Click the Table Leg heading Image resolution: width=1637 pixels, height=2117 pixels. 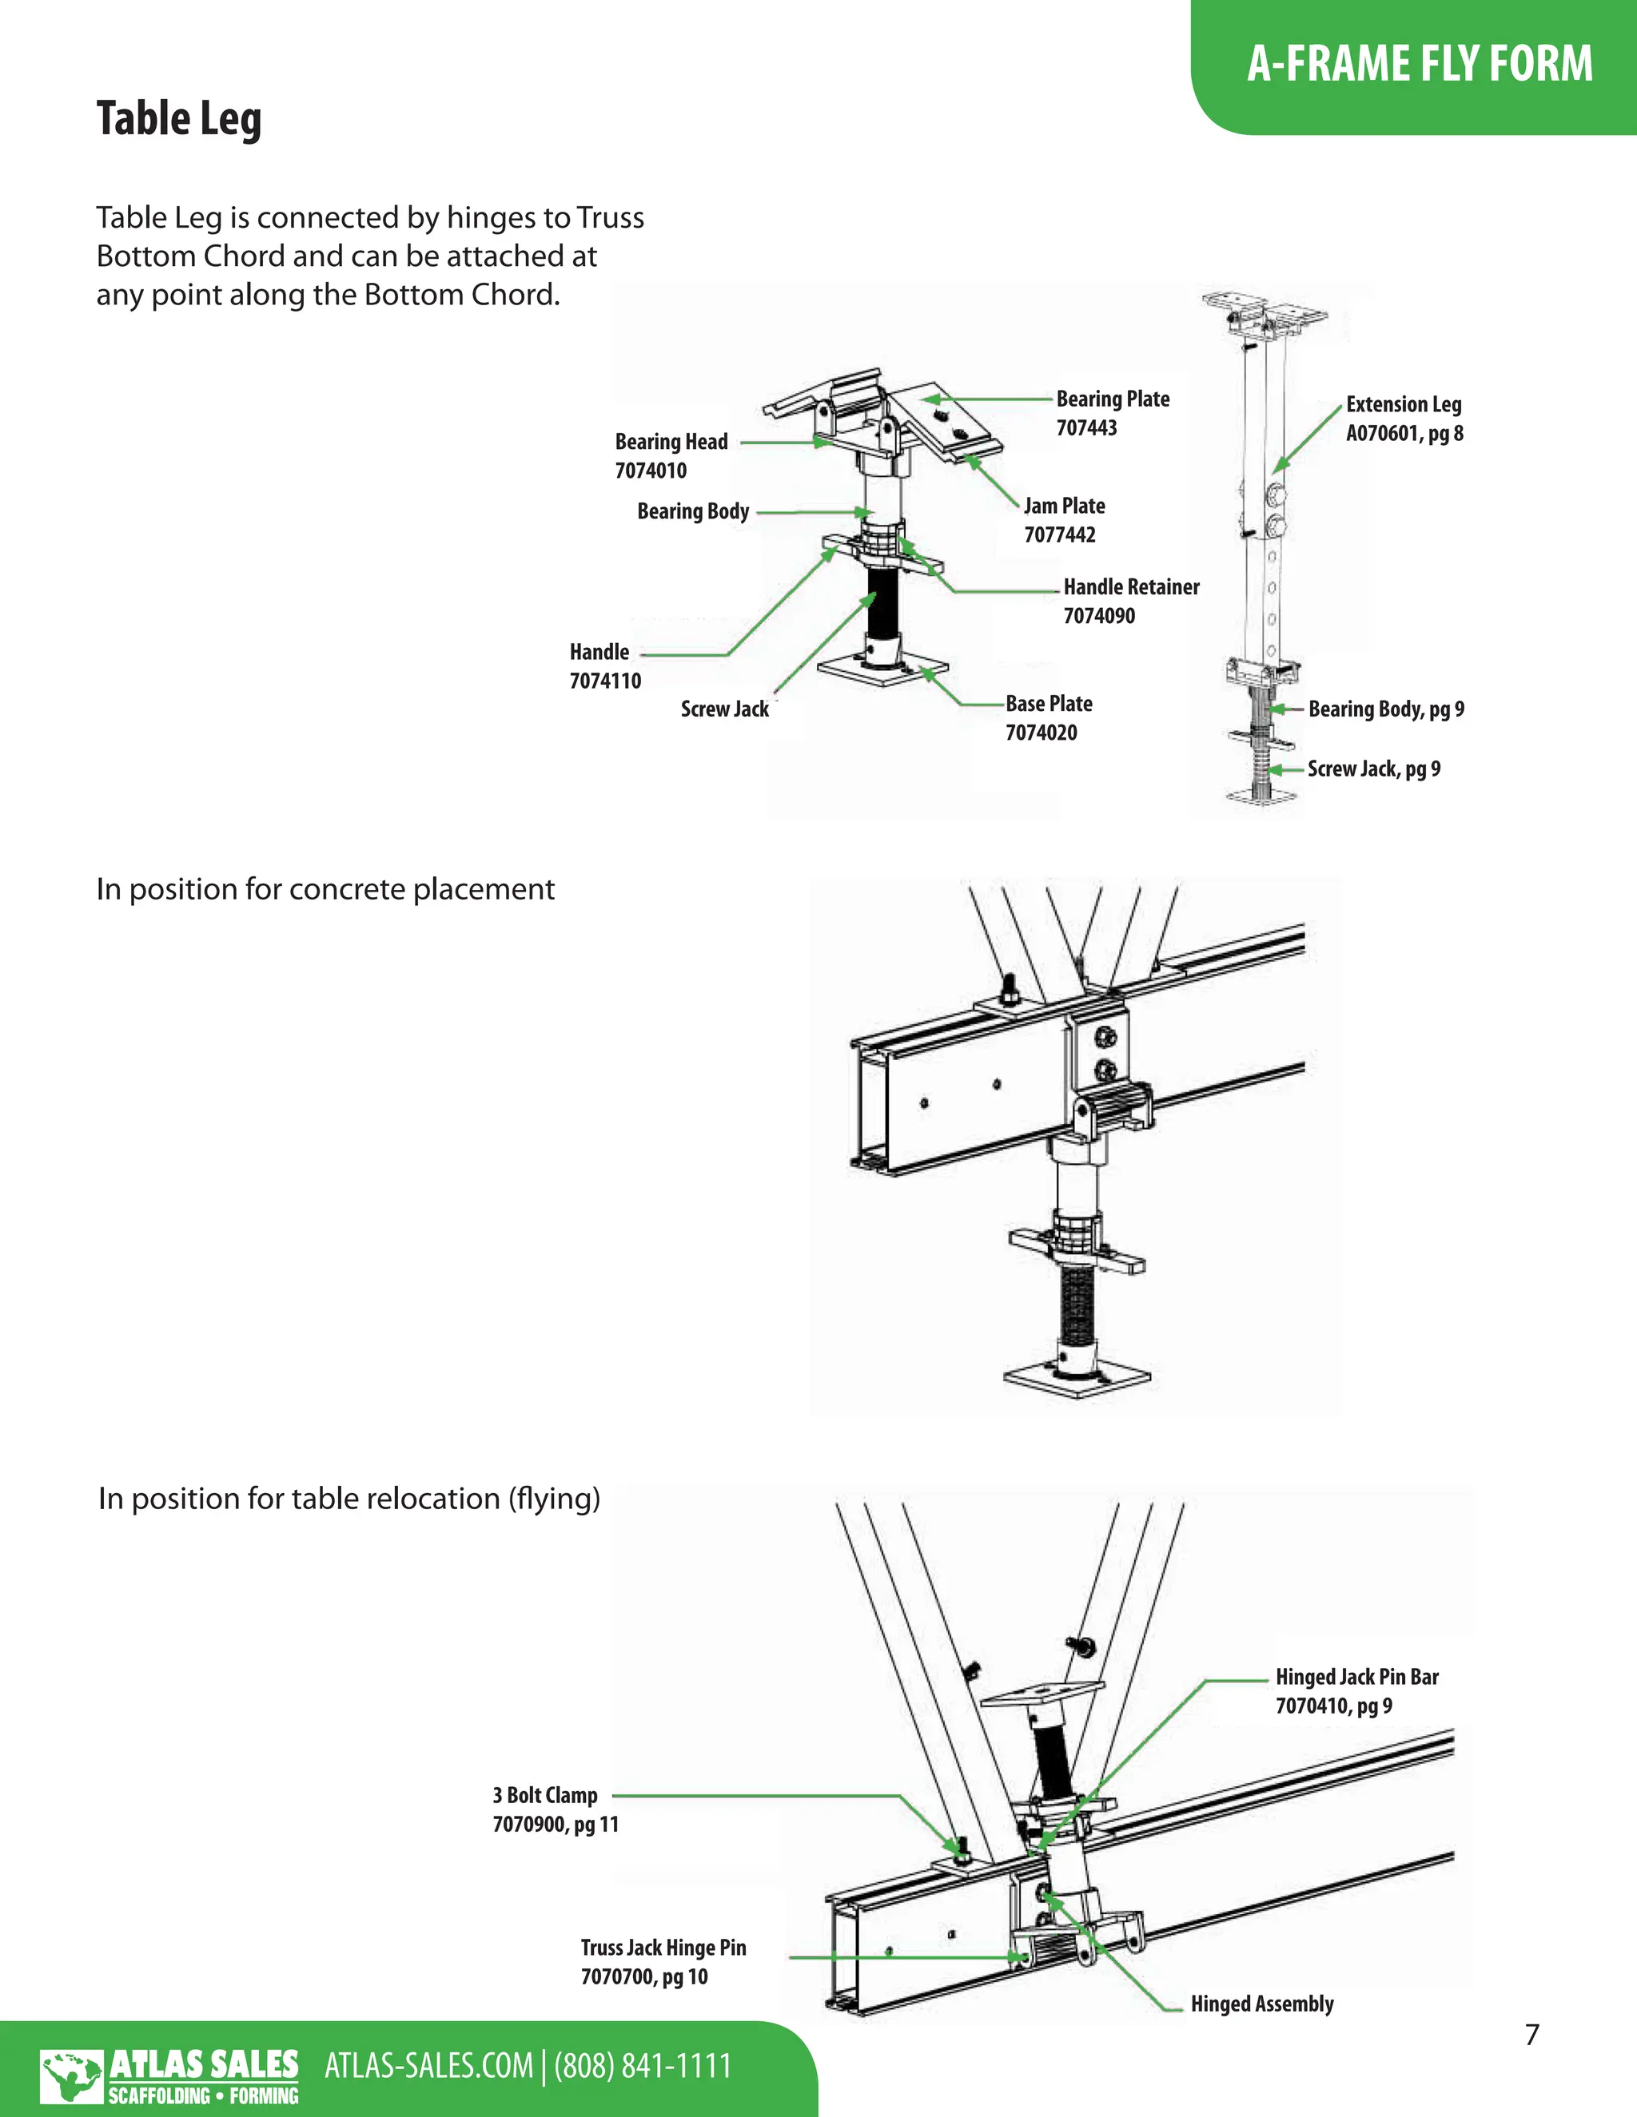tap(178, 119)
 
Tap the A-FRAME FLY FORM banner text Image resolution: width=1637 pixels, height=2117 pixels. tap(1419, 64)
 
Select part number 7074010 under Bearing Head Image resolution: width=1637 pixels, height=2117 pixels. tap(651, 471)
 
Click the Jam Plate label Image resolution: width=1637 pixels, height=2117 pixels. tap(1064, 506)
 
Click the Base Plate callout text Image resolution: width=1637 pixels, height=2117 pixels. tap(1049, 704)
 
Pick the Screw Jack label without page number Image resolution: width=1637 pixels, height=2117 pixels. tap(724, 709)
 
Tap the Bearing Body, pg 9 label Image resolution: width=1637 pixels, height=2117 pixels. tap(1385, 709)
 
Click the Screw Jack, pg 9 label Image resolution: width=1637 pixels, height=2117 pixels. tap(1373, 769)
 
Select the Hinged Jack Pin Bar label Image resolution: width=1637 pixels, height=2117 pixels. tap(1356, 1677)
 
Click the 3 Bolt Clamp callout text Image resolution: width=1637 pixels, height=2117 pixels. tap(545, 1795)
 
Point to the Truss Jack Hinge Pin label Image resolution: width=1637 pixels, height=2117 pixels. tap(663, 1948)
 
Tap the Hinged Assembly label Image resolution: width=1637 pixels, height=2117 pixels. tap(1261, 2004)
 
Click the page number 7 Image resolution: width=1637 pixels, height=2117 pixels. tap(1531, 2035)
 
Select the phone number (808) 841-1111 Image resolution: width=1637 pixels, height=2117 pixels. tap(642, 2066)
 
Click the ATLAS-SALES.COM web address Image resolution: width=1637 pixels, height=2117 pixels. tap(428, 2066)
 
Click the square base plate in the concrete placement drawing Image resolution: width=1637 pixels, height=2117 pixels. tap(1077, 1377)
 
